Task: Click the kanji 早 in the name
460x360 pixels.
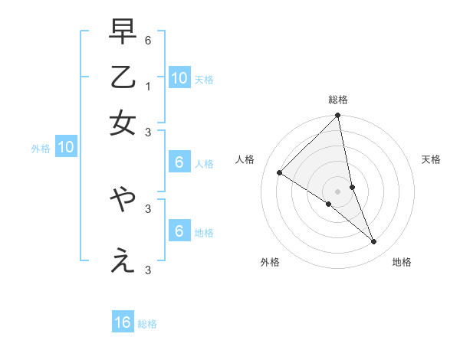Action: point(123,31)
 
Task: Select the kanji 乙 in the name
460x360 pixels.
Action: point(123,77)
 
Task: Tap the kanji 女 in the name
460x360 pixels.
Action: point(123,123)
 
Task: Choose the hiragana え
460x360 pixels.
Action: point(123,261)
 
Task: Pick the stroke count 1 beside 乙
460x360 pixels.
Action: point(148,86)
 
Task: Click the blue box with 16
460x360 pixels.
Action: point(123,322)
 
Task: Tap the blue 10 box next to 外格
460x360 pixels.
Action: point(66,148)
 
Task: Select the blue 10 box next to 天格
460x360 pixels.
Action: point(179,78)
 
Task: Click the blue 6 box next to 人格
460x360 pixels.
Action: point(179,162)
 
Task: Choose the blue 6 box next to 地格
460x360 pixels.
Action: point(179,231)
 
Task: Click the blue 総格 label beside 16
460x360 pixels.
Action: point(147,324)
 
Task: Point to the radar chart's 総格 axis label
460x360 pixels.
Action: point(338,100)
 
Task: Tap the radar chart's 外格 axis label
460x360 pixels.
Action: point(270,262)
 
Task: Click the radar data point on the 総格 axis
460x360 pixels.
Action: point(338,116)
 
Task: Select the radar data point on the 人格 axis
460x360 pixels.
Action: point(280,173)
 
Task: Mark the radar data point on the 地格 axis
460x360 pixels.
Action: point(374,242)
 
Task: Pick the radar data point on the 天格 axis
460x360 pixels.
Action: point(353,187)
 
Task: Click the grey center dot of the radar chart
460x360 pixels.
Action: point(338,191)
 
